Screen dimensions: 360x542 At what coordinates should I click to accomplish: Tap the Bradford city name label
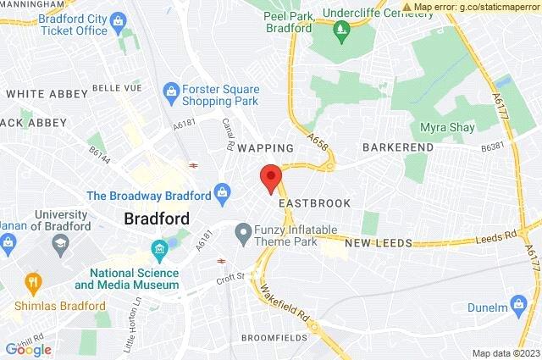[x=157, y=218]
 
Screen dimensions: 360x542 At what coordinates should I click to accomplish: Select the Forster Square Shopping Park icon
[x=172, y=89]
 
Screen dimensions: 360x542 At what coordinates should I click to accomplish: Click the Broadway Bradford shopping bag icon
[x=223, y=194]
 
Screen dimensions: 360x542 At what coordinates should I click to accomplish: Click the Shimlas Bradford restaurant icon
[x=33, y=281]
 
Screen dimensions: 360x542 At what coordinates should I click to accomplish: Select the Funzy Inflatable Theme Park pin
[x=244, y=230]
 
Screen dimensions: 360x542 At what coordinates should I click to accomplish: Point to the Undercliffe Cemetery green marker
[x=341, y=32]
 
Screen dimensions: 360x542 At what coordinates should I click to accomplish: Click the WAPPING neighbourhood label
[x=265, y=147]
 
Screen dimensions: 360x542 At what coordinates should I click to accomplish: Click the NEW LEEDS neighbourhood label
[x=378, y=243]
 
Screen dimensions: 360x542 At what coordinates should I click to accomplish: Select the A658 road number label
[x=318, y=136]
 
